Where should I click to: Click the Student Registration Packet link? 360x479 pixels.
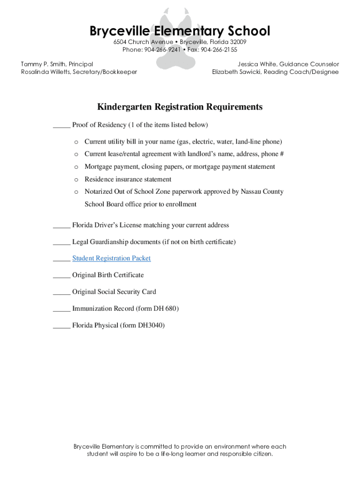[x=111, y=258]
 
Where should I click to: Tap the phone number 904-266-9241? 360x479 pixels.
[x=162, y=50]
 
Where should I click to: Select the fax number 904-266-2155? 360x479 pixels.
[x=219, y=50]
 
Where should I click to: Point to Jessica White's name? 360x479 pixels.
[x=256, y=64]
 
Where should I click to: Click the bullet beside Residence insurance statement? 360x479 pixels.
[x=76, y=180]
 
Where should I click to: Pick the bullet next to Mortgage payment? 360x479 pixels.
[x=76, y=167]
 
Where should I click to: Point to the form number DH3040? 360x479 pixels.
[x=150, y=325]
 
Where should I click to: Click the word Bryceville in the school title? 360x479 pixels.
[x=120, y=31]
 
